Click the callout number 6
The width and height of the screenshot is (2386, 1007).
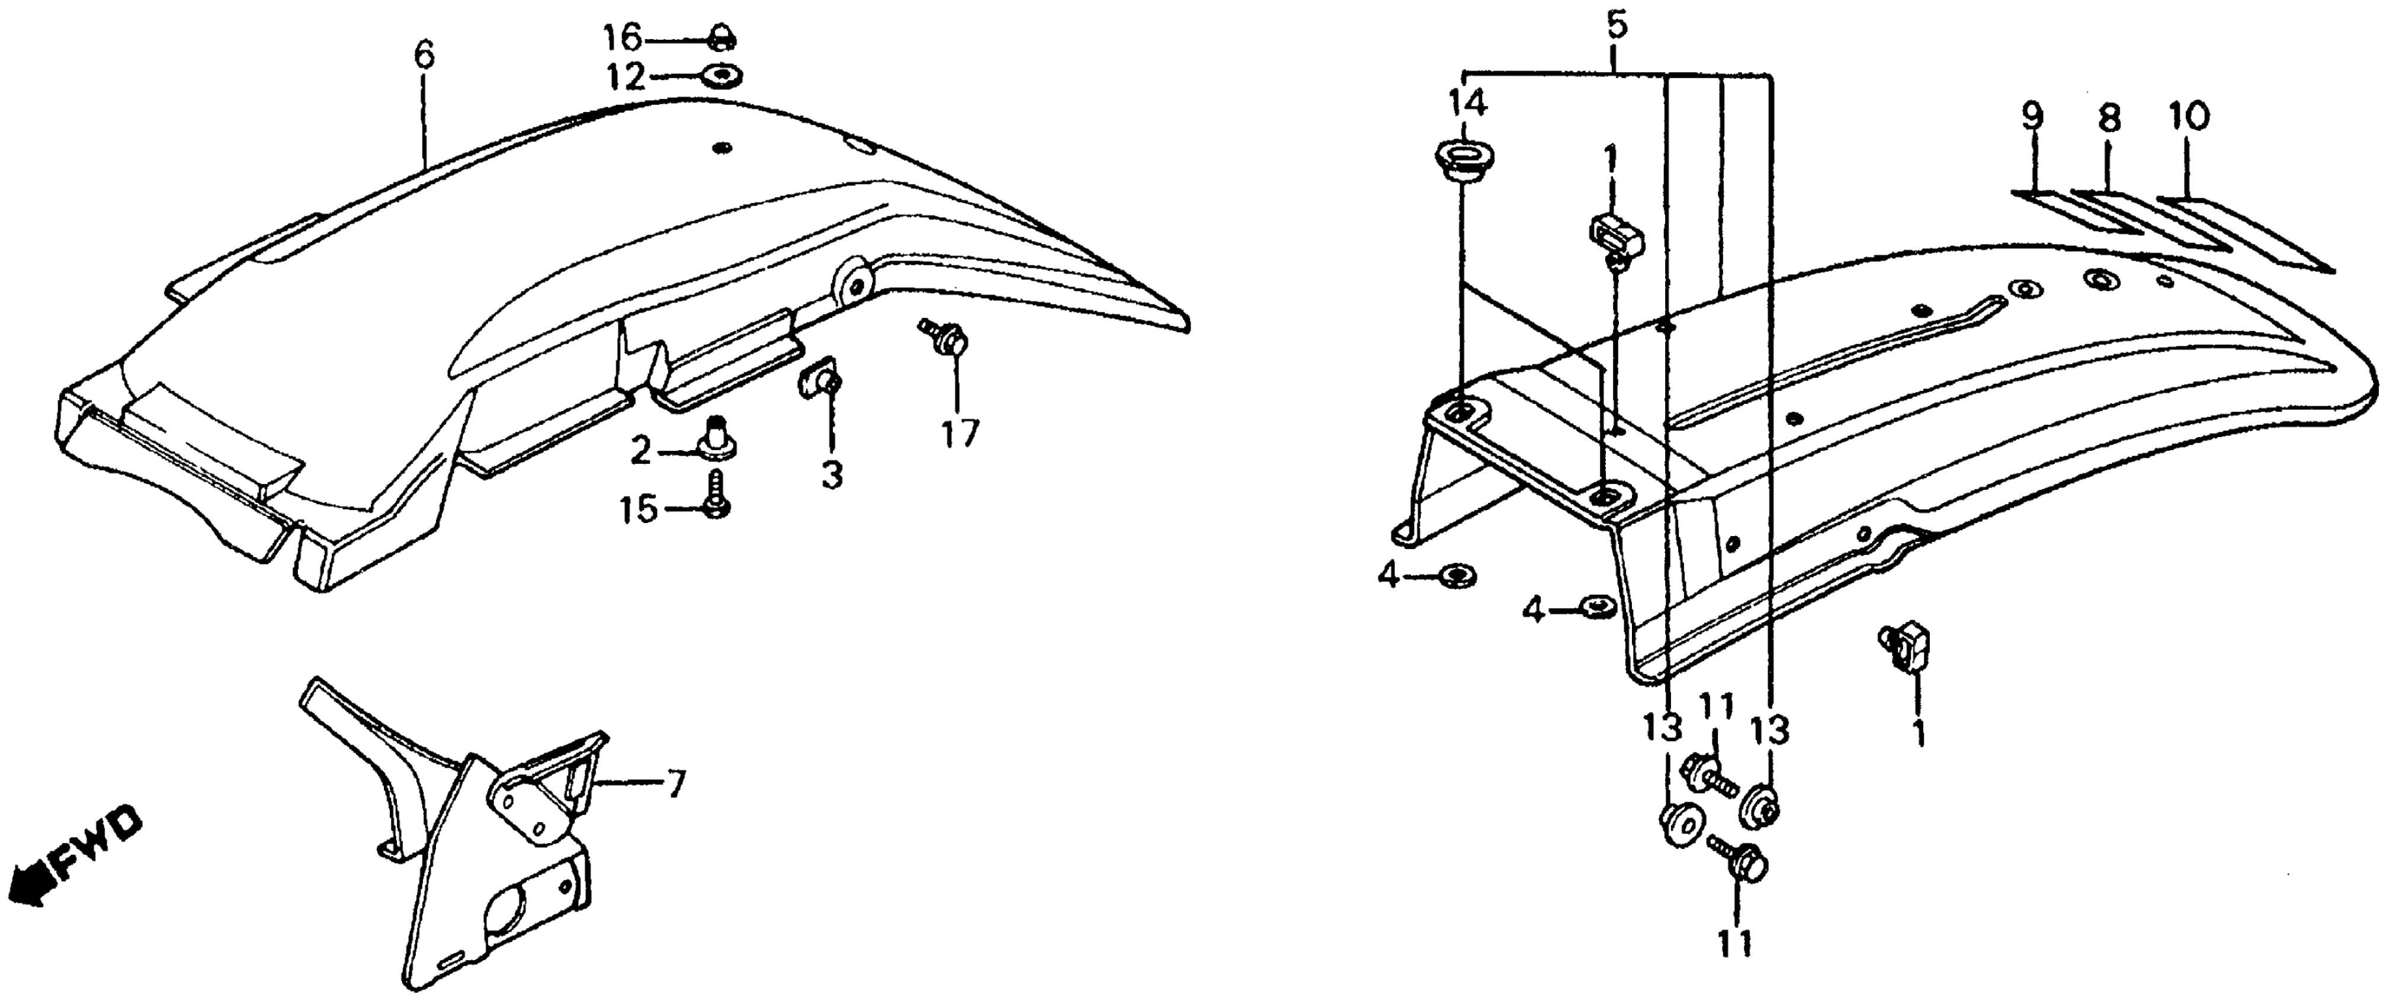pos(424,56)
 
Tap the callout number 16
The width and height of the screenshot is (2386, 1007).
pos(623,39)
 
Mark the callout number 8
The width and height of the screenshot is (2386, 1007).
pos(2107,118)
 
